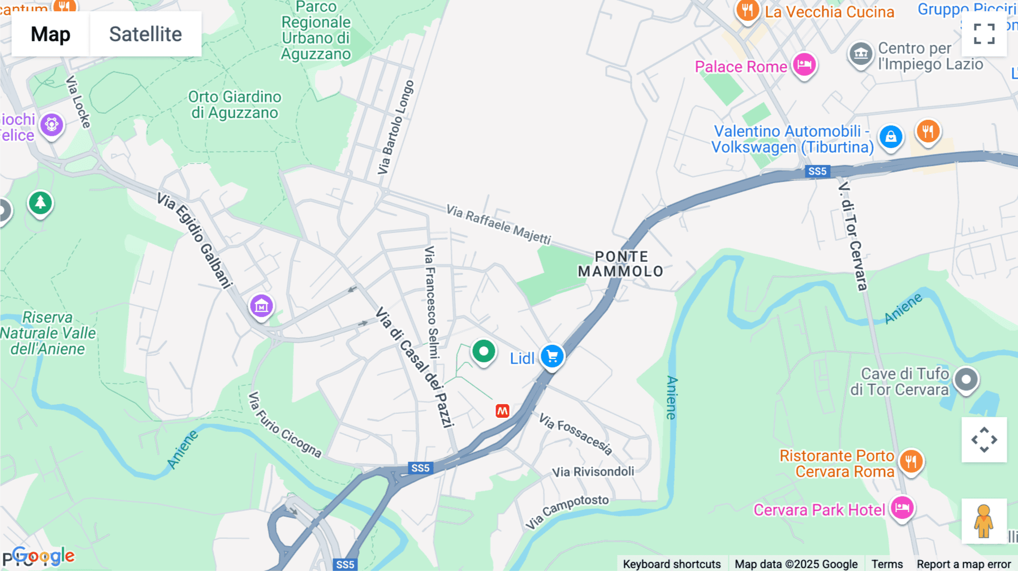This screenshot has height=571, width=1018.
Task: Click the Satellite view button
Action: tap(145, 34)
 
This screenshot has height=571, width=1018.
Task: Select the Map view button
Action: tap(50, 34)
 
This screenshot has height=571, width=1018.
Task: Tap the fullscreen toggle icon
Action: tap(984, 34)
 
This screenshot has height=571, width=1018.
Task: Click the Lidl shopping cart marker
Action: tap(552, 357)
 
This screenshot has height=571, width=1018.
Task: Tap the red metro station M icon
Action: tap(502, 411)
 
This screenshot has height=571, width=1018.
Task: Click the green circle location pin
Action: tap(484, 352)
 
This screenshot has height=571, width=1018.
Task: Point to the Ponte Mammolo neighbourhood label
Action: tap(621, 264)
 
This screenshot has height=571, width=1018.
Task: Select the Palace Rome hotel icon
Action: tap(804, 64)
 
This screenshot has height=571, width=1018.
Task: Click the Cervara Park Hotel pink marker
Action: tap(901, 507)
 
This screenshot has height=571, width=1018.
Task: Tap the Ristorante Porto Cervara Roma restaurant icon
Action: tap(911, 461)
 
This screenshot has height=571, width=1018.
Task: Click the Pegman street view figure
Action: tap(984, 521)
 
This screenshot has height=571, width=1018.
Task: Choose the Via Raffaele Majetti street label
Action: tap(498, 224)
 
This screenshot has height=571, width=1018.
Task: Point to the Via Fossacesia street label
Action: tap(575, 434)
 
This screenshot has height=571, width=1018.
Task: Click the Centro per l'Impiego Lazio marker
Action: tap(861, 54)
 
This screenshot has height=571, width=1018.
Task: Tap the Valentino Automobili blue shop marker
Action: tap(891, 137)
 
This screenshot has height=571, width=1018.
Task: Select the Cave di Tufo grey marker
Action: tap(966, 379)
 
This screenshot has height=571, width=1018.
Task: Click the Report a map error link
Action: tap(964, 564)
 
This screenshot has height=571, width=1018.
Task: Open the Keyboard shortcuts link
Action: tap(671, 564)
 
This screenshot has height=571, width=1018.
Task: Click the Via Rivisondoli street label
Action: tap(593, 471)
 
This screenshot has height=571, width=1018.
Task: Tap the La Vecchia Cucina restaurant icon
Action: tap(747, 10)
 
